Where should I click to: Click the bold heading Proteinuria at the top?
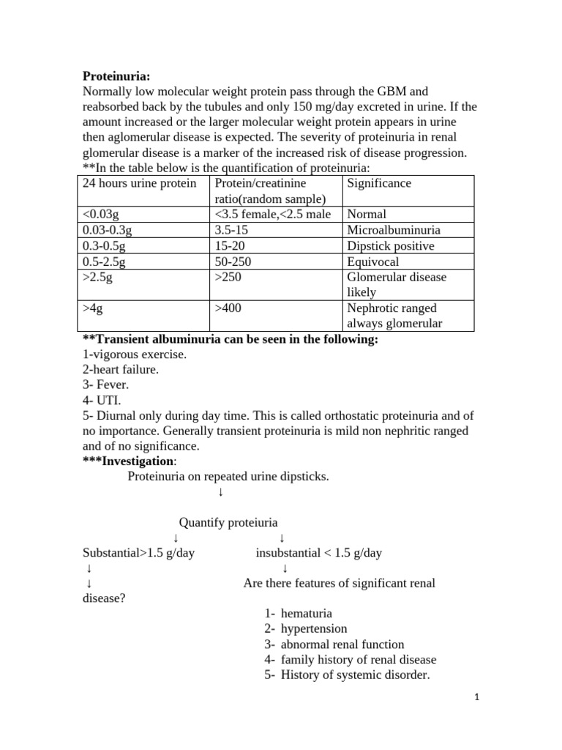click(116, 76)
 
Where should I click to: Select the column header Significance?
click(379, 183)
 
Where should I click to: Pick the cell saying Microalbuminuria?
click(394, 230)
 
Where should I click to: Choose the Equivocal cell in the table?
click(373, 262)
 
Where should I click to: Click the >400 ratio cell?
click(228, 308)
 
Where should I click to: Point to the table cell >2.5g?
click(99, 278)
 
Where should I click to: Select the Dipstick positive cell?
click(390, 246)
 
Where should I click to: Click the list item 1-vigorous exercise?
click(134, 354)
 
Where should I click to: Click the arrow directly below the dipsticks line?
click(220, 492)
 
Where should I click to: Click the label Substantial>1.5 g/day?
click(138, 553)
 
